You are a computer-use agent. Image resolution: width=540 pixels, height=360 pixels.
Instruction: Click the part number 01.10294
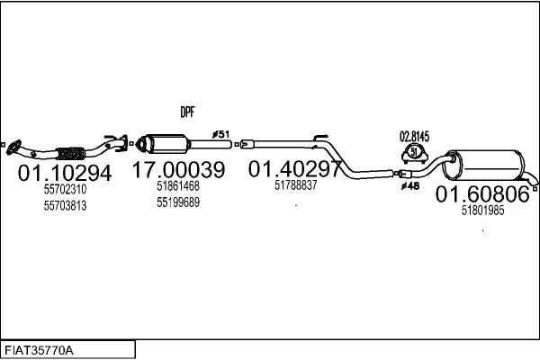tap(65, 172)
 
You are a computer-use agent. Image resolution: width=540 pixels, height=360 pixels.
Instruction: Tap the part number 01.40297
tap(295, 168)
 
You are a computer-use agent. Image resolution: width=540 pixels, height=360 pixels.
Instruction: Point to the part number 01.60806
tap(482, 193)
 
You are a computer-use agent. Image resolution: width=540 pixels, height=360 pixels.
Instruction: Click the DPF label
tap(187, 112)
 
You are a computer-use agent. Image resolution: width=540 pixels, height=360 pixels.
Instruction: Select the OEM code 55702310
tap(65, 190)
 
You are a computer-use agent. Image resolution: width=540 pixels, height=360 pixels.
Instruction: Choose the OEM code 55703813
tap(65, 205)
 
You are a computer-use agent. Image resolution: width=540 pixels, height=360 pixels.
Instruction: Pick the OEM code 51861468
tap(177, 186)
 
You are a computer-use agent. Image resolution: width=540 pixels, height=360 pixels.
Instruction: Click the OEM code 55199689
tap(177, 202)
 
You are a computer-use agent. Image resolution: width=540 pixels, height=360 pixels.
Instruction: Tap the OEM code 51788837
tap(295, 184)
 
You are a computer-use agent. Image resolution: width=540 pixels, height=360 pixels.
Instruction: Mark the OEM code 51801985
tap(482, 211)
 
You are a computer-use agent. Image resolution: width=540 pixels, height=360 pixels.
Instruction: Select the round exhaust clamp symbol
tap(414, 151)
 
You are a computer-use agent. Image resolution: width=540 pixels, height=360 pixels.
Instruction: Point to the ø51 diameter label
tap(220, 135)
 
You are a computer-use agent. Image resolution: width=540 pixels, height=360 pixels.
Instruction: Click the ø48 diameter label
tap(409, 186)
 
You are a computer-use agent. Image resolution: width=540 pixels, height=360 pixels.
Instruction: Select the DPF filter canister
tap(166, 144)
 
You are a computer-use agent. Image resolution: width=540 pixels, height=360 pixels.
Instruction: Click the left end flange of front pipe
tap(14, 144)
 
